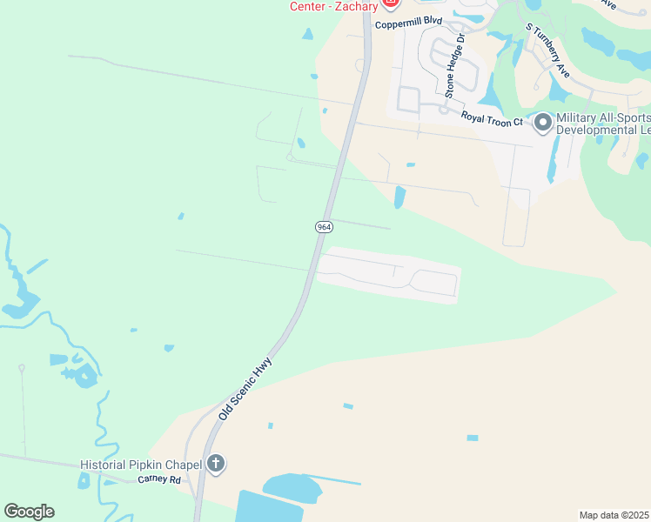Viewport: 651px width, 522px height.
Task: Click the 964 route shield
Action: coord(324,227)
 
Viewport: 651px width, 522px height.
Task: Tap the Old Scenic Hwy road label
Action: coord(245,389)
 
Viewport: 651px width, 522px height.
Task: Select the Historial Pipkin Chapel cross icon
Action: coord(216,465)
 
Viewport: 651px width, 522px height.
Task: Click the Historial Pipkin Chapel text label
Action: coord(140,465)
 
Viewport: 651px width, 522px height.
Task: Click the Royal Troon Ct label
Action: coord(493,117)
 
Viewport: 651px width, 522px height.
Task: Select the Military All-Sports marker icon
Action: coord(543,123)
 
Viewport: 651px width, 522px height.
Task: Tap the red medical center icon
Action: coord(391,4)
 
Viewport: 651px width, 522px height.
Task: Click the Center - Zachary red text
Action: coord(335,5)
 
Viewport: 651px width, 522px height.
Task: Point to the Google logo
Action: coord(29,512)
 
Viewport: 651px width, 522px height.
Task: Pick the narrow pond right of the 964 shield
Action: coord(399,197)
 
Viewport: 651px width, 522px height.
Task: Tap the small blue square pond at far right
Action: coord(473,438)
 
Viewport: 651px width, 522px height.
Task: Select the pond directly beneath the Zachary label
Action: coord(308,35)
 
